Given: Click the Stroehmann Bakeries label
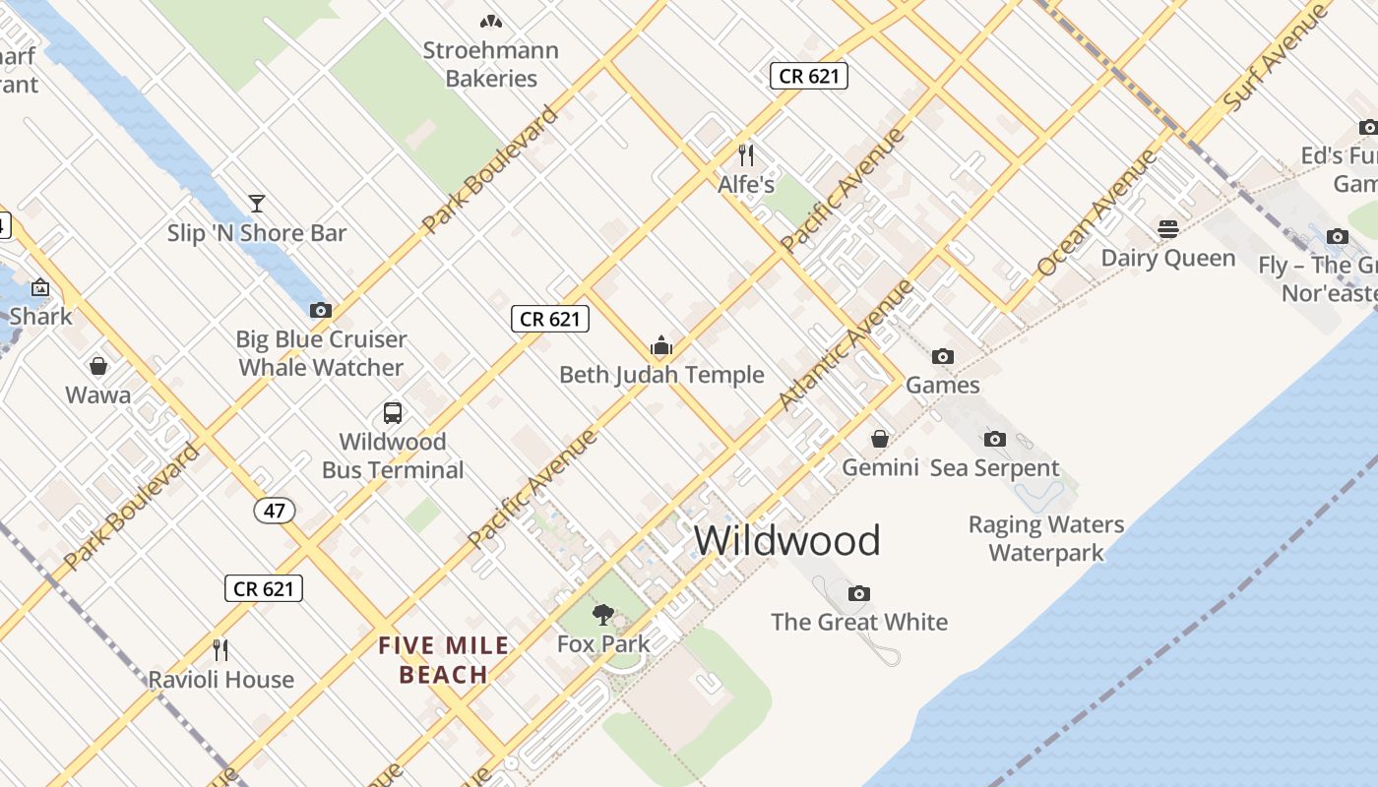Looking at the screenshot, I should (490, 64).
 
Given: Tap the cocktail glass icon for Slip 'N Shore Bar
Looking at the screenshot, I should (257, 204).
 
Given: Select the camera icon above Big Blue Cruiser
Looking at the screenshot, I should (320, 310).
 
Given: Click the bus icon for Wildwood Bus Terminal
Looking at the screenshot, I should (393, 412).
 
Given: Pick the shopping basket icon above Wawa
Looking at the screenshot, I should (98, 366).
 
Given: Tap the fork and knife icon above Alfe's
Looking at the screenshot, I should (746, 154).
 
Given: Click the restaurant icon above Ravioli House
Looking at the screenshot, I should (220, 649).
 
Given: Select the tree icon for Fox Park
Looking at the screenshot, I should (603, 615).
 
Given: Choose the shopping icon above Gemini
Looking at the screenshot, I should (880, 438).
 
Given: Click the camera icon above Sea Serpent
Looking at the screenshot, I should (995, 439).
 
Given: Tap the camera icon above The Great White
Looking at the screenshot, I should (859, 593).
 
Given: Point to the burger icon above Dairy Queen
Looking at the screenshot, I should (1168, 229).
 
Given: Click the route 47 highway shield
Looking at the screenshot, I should (275, 510).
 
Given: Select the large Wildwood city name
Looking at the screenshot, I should (787, 540).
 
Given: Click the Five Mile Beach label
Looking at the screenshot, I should (445, 660).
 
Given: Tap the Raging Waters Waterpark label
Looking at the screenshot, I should (1046, 538).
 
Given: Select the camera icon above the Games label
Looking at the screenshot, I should (942, 356).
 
